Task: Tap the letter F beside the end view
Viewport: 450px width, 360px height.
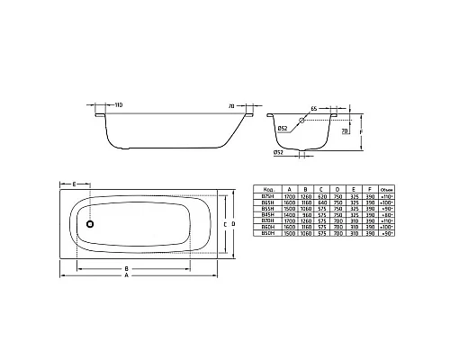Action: click(362, 131)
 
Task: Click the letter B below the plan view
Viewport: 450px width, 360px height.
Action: click(129, 268)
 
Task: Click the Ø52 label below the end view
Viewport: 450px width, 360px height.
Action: click(282, 152)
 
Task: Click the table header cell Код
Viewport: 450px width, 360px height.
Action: click(267, 192)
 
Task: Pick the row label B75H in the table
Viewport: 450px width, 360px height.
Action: click(267, 199)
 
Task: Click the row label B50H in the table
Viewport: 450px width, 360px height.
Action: click(267, 235)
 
